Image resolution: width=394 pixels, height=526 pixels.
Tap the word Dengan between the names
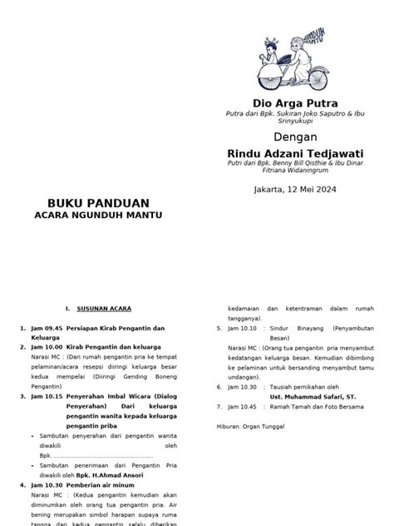pyautogui.click(x=297, y=136)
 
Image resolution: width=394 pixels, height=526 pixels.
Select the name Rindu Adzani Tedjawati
pyautogui.click(x=297, y=153)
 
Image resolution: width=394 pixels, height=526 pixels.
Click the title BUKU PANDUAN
pyautogui.click(x=97, y=203)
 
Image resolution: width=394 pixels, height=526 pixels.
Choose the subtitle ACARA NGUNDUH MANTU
pyautogui.click(x=97, y=215)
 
